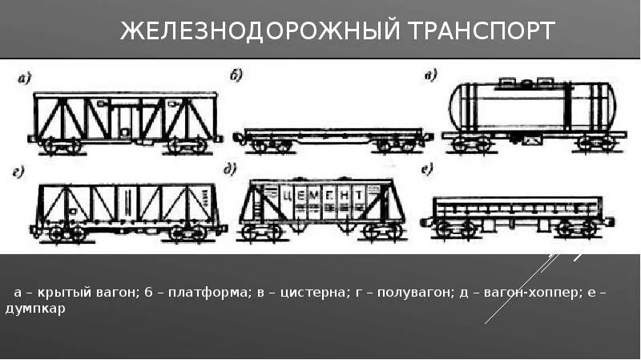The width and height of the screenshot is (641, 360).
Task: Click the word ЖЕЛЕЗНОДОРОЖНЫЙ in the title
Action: (258, 31)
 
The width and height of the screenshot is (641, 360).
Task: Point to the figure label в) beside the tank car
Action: (430, 76)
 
